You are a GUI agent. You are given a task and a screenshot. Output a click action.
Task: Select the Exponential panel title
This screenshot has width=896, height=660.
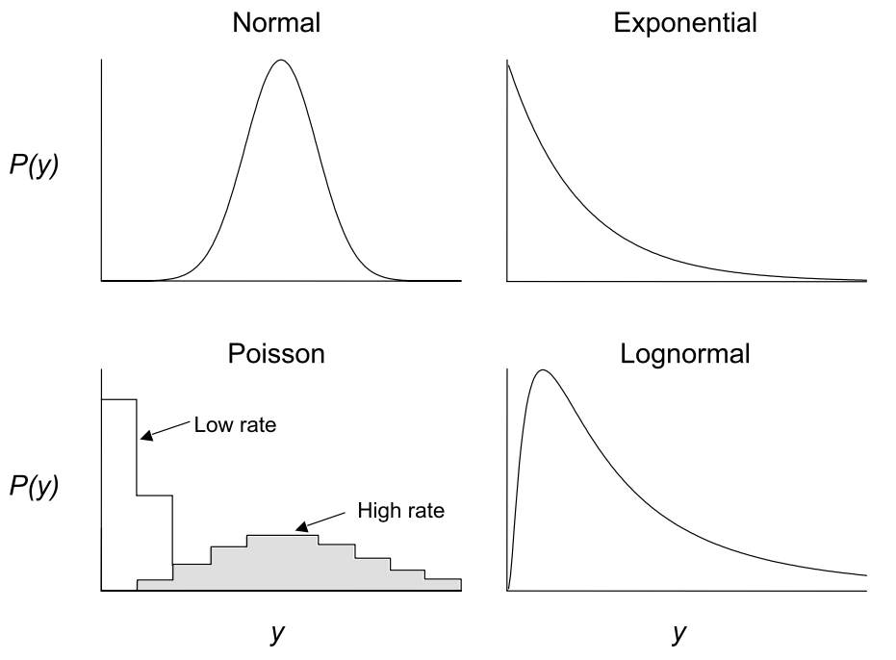[685, 23]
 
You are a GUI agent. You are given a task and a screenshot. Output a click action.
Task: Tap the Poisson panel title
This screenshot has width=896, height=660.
[276, 354]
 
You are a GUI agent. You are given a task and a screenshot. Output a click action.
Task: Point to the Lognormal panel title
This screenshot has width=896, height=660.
[685, 354]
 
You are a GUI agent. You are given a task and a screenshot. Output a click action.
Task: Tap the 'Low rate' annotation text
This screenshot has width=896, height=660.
[235, 424]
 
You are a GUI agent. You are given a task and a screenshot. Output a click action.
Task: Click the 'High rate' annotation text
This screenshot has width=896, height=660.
[400, 510]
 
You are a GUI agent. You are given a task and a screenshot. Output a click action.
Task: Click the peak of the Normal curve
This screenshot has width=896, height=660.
[281, 61]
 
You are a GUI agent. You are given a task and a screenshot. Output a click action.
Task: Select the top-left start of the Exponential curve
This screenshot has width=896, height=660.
[508, 63]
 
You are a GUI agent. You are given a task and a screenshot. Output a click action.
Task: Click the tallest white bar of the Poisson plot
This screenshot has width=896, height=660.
[119, 491]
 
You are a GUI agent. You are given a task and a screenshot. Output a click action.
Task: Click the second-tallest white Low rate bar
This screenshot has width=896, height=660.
[155, 539]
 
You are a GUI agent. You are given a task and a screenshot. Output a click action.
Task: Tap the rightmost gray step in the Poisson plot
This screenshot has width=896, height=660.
[444, 584]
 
